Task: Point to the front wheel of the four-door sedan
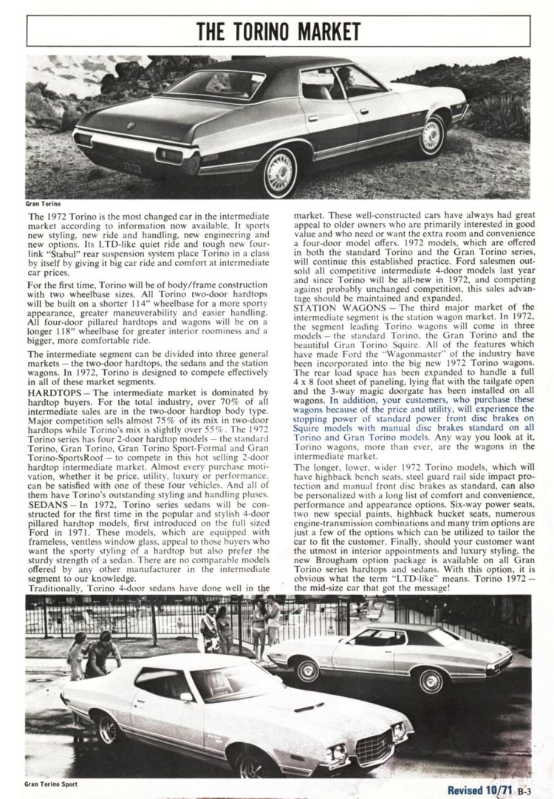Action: click(x=432, y=135)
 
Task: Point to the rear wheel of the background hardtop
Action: click(x=306, y=670)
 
